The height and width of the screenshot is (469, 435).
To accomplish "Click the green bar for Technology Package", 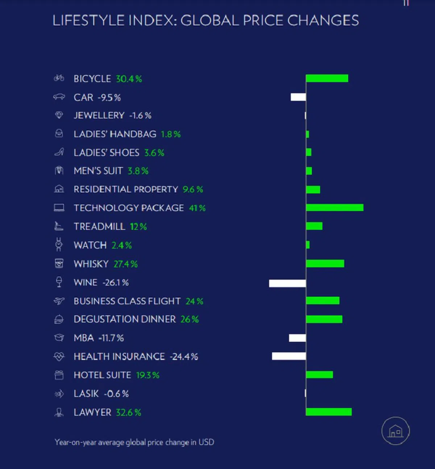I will pyautogui.click(x=335, y=207).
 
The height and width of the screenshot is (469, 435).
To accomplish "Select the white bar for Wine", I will pyautogui.click(x=287, y=283).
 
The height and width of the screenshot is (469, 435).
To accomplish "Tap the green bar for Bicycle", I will pyautogui.click(x=327, y=78).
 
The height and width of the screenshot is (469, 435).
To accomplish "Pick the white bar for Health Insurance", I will pyautogui.click(x=289, y=356).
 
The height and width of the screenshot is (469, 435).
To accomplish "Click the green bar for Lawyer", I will pyautogui.click(x=329, y=412).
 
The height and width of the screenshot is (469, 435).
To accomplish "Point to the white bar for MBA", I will pyautogui.click(x=297, y=338).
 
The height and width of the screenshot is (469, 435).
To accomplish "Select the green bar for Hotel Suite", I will pyautogui.click(x=319, y=375).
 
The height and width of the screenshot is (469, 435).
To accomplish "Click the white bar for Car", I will pyautogui.click(x=298, y=97).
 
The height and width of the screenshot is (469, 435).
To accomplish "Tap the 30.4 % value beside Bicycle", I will pyautogui.click(x=129, y=79).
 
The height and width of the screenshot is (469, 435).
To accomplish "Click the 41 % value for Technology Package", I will pyautogui.click(x=197, y=208).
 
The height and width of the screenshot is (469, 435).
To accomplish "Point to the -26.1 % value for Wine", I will pyautogui.click(x=116, y=283).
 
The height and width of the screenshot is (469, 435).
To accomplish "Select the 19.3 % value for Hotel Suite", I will pyautogui.click(x=148, y=375).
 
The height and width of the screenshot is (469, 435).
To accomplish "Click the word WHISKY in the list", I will pyautogui.click(x=91, y=264).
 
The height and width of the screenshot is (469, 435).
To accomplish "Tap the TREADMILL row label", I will pyautogui.click(x=99, y=227).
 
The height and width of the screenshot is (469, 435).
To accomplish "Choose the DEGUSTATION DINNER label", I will pyautogui.click(x=125, y=319).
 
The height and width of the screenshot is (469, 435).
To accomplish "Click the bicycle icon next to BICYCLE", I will pyautogui.click(x=59, y=78).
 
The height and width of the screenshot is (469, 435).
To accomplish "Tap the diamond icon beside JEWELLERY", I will pyautogui.click(x=59, y=115).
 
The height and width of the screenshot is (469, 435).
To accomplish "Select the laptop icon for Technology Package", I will pyautogui.click(x=59, y=208).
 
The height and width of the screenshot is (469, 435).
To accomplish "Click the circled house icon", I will pyautogui.click(x=395, y=431).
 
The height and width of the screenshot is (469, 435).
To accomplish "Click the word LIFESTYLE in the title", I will pyautogui.click(x=88, y=21).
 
